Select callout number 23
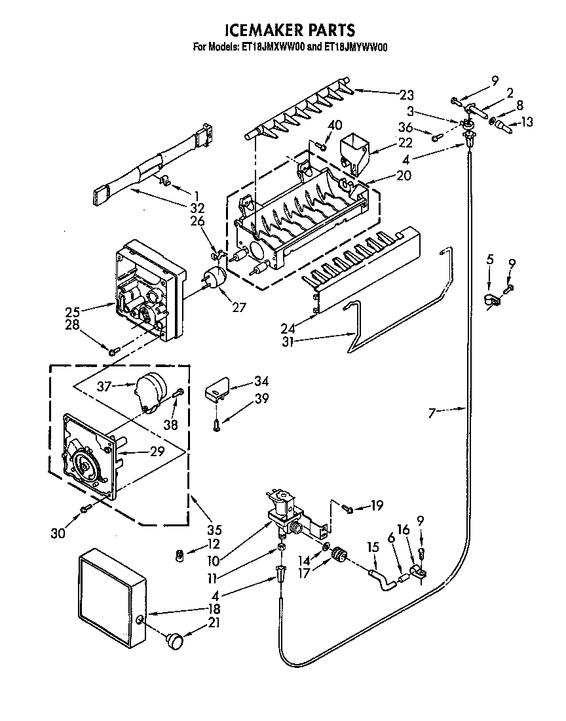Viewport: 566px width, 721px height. (407, 94)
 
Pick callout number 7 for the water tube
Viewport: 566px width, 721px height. (432, 412)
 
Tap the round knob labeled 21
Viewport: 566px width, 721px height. (175, 640)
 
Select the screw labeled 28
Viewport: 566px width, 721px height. (113, 353)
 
